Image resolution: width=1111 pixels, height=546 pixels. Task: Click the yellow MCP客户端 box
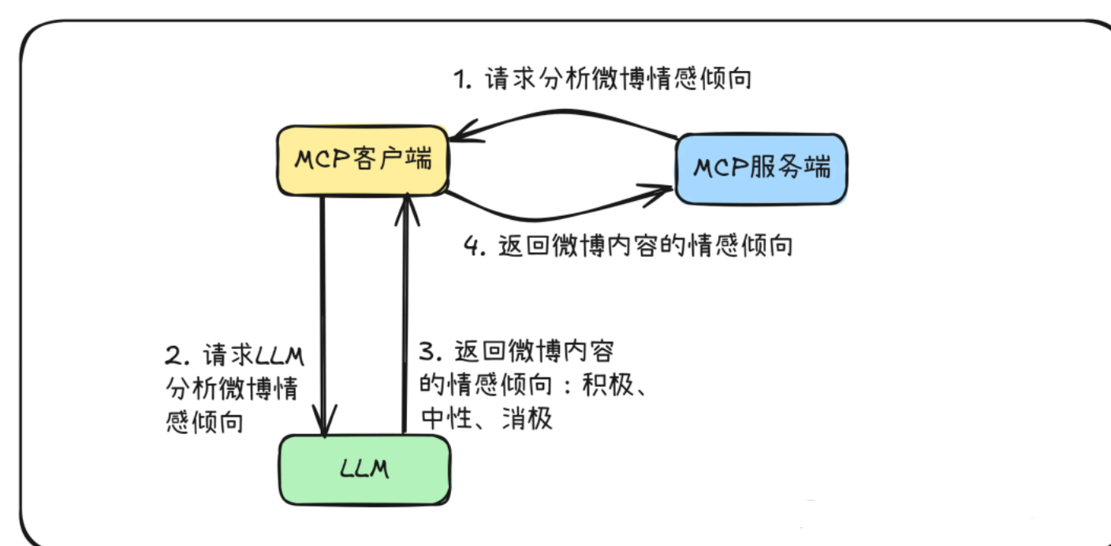[362, 160]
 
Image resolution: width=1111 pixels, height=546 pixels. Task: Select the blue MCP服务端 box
[762, 168]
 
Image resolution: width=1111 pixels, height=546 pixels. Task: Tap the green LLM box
[364, 470]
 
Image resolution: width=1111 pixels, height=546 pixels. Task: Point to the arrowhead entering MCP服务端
[662, 191]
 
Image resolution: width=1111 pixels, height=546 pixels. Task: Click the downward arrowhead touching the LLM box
[323, 422]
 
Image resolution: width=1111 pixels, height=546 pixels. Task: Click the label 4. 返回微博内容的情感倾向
[627, 246]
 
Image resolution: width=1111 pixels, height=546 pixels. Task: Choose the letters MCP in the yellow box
[321, 160]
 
